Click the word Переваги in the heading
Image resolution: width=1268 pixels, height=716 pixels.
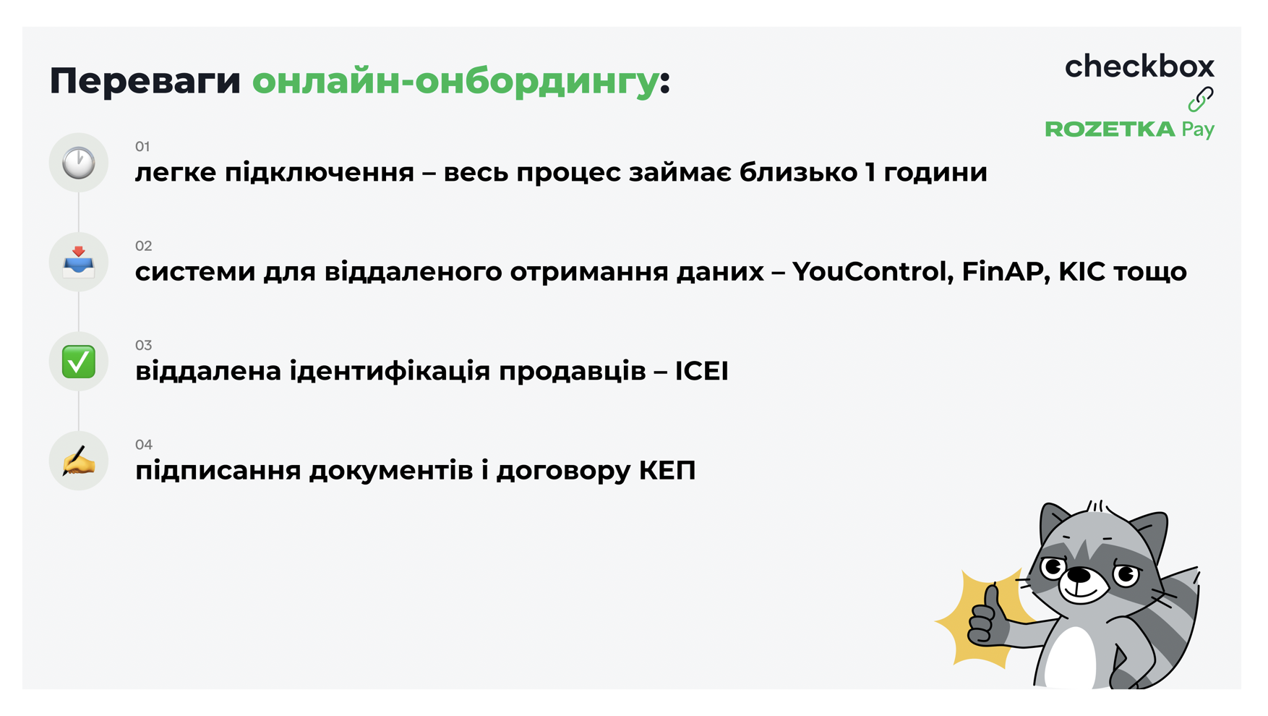(145, 81)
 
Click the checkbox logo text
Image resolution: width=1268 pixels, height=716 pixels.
(1139, 67)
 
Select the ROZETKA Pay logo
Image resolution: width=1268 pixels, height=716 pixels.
(1130, 129)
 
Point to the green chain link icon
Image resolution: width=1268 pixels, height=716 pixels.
(1201, 99)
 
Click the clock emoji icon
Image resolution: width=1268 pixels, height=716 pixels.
(78, 163)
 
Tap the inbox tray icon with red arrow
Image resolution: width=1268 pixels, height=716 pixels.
(78, 262)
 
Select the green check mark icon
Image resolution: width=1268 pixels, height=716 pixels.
(78, 362)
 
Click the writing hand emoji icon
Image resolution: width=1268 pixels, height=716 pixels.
(78, 461)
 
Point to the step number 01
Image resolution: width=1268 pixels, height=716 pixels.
(142, 147)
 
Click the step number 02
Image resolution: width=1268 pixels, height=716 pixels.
(143, 246)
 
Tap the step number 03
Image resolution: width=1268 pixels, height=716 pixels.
(143, 345)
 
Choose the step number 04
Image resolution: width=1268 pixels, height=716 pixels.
(144, 444)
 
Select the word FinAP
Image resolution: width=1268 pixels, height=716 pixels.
(1006, 272)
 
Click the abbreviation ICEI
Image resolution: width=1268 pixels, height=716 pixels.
(701, 371)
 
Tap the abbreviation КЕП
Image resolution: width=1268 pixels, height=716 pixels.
(667, 471)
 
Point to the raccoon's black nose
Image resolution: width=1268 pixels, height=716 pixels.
(1079, 575)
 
